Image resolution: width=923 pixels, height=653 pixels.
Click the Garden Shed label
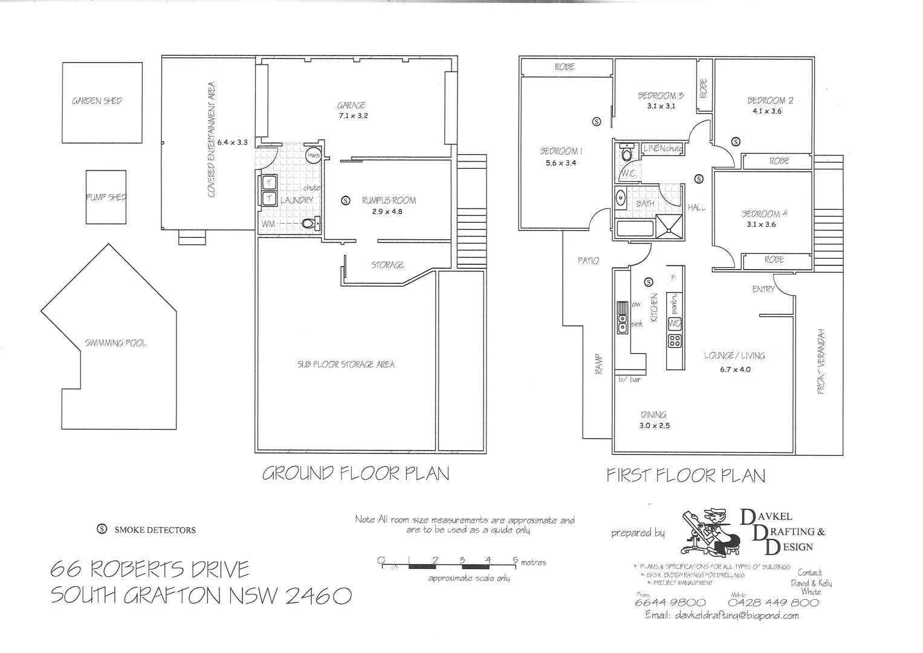[x=97, y=101]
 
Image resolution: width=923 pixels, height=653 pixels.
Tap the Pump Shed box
[x=106, y=197]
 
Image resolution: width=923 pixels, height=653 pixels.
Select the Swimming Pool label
[x=115, y=343]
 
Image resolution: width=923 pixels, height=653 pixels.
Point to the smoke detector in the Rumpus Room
[x=346, y=200]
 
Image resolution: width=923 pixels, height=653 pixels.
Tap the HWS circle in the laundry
[x=313, y=155]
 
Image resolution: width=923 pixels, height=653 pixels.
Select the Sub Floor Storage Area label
[x=346, y=365]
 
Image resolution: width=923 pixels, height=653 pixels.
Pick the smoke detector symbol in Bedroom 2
[x=736, y=142]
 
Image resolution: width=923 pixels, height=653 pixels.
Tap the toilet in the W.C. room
[x=627, y=154]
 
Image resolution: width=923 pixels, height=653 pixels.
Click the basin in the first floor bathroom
[x=620, y=197]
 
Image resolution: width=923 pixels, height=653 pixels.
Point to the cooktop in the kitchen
[x=675, y=340]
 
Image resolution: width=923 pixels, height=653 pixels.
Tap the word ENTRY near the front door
[x=763, y=290]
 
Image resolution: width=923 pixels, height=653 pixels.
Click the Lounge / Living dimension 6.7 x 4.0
[x=735, y=369]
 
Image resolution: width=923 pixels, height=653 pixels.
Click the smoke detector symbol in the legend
[x=102, y=530]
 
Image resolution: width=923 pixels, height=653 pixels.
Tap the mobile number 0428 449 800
[x=773, y=602]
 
